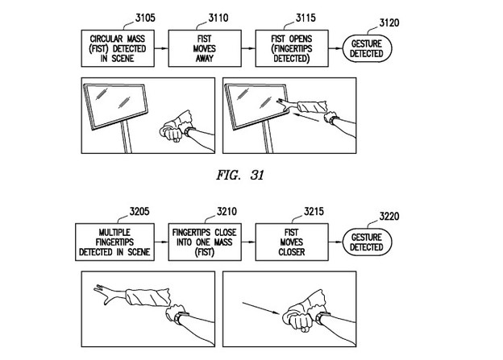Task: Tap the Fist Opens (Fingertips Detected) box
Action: [288, 48]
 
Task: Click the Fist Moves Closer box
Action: [288, 242]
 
